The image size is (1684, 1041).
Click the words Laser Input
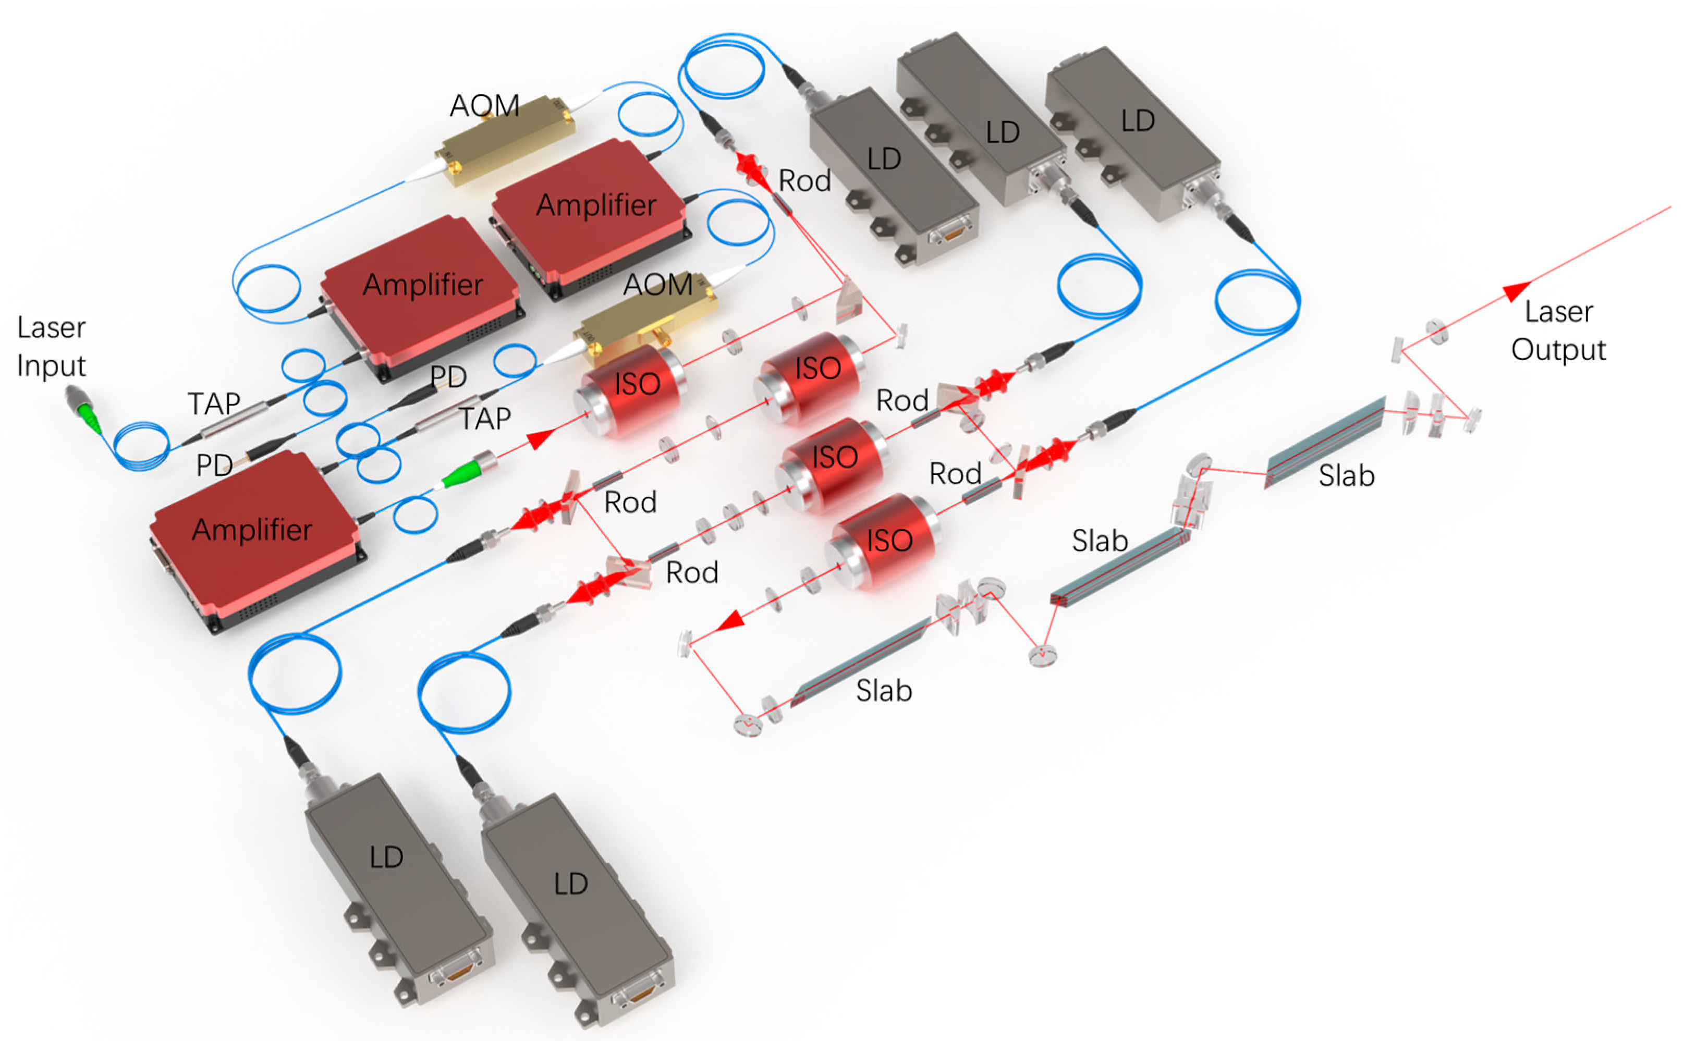(52, 346)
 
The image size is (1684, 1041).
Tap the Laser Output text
(1558, 330)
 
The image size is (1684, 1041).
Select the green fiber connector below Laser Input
(86, 410)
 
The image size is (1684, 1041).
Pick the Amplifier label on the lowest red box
(252, 530)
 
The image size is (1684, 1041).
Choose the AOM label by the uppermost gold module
(484, 105)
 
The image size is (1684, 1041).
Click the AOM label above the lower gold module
(657, 284)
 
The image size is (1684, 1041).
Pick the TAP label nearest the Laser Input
(214, 403)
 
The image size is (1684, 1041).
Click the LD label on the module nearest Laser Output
(1138, 121)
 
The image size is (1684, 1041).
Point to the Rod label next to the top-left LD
(804, 181)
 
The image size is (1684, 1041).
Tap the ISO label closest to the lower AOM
(637, 384)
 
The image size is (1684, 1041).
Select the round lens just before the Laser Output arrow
(1436, 331)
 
